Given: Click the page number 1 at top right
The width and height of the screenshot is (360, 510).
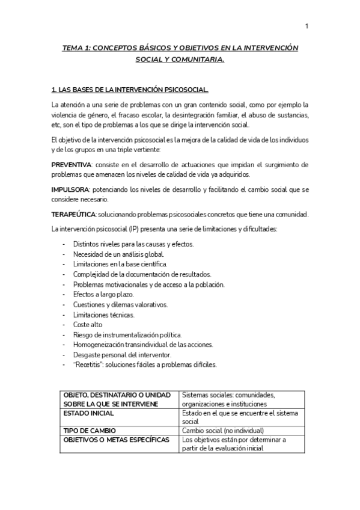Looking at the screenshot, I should pyautogui.click(x=307, y=26).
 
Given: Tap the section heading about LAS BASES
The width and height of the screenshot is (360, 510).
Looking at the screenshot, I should pyautogui.click(x=130, y=91).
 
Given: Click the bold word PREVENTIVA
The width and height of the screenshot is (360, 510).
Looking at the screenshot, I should pyautogui.click(x=72, y=164).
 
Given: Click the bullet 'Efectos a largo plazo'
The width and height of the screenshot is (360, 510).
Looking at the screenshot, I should pyautogui.click(x=103, y=294).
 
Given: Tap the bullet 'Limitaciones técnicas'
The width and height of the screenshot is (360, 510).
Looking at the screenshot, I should pyautogui.click(x=103, y=315).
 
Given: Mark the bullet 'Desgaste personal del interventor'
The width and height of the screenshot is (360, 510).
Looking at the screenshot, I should pyautogui.click(x=121, y=355).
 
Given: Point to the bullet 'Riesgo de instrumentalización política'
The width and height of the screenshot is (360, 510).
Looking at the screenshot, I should pyautogui.click(x=127, y=334).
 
